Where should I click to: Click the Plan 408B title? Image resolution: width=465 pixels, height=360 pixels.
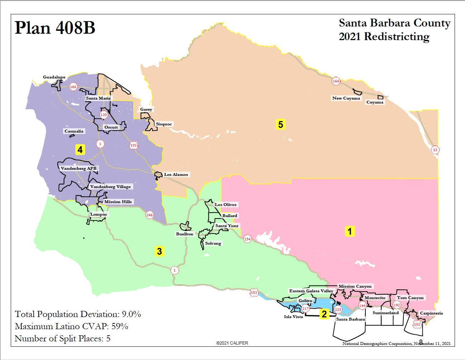point(55,28)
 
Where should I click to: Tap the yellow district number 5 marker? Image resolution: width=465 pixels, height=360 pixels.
point(281,124)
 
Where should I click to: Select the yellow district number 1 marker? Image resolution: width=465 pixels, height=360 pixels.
point(350,231)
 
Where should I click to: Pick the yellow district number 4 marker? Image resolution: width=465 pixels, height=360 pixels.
point(80,149)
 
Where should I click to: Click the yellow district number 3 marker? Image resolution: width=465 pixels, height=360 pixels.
point(159,251)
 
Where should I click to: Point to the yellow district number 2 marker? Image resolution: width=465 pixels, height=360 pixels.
point(324,314)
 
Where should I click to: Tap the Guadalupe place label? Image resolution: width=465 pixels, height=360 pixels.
point(54,77)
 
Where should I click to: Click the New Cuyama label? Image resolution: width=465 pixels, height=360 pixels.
point(346,98)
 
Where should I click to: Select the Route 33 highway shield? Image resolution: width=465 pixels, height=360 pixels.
point(435,150)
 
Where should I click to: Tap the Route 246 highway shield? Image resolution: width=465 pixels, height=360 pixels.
point(149,215)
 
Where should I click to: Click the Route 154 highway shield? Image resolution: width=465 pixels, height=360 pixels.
point(247,239)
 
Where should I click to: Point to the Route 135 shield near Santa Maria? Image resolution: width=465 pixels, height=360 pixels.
point(104,115)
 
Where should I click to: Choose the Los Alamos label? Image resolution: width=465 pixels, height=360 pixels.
point(176,174)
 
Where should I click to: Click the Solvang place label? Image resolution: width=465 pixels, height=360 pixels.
point(213,243)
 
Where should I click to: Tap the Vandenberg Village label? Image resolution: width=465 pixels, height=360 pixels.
point(110,187)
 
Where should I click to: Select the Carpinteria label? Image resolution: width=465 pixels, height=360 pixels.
point(431,313)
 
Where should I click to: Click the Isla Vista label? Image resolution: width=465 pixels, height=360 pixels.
point(293,317)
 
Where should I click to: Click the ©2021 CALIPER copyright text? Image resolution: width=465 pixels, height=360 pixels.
point(232,343)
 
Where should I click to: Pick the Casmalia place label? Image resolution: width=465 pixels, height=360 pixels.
point(74,131)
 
